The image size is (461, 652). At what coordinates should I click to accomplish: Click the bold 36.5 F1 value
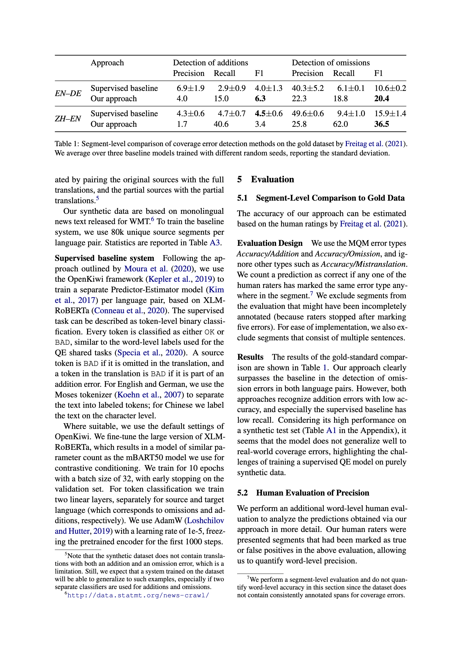click(381, 124)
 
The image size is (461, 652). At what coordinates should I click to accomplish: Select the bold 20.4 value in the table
click(381, 99)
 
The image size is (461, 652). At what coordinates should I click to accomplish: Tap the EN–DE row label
click(68, 93)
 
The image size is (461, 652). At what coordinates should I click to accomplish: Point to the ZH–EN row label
click(68, 119)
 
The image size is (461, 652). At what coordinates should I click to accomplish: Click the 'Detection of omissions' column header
click(331, 63)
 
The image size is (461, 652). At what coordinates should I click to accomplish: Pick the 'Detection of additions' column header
click(210, 63)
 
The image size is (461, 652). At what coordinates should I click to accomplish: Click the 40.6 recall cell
click(221, 124)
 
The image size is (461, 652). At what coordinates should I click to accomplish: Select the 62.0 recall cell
click(340, 124)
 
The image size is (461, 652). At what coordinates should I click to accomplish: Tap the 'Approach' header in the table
click(107, 63)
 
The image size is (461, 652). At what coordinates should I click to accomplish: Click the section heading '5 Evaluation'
click(265, 179)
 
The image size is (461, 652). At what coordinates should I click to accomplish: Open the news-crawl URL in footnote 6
click(138, 595)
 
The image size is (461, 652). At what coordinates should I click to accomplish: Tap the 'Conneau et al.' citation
click(118, 311)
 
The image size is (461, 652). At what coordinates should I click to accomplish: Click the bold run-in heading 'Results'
click(250, 357)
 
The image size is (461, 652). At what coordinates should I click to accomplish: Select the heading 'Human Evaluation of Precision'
click(312, 493)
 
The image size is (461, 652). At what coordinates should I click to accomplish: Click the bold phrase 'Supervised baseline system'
click(104, 258)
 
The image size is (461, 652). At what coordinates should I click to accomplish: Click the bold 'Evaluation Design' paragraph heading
click(270, 243)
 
